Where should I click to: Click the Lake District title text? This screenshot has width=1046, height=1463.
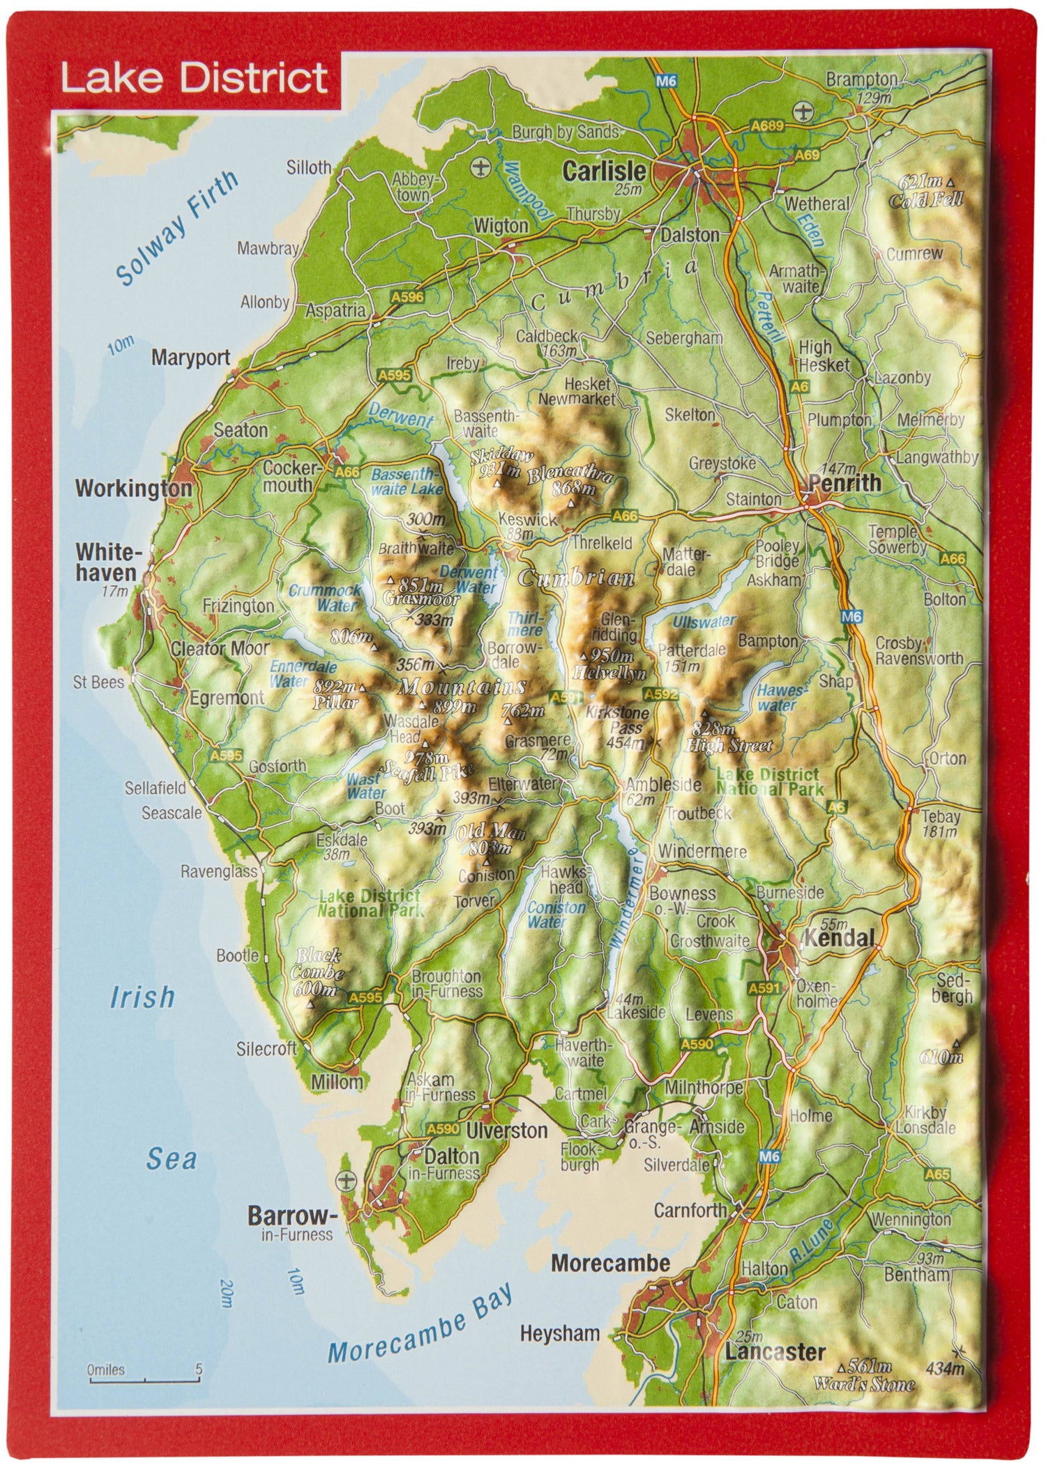tap(194, 78)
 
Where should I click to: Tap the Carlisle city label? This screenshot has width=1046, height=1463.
tap(604, 171)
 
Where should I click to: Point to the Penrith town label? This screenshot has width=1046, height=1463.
tap(844, 482)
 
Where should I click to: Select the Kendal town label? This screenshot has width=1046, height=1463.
tap(839, 938)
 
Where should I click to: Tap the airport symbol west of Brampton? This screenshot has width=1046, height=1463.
tap(804, 110)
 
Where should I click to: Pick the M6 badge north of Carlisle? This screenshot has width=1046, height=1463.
tap(666, 82)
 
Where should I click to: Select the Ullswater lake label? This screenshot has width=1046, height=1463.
tap(704, 621)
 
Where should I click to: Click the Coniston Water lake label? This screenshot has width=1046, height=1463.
tap(556, 914)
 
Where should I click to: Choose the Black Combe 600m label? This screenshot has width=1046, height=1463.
tap(318, 972)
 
